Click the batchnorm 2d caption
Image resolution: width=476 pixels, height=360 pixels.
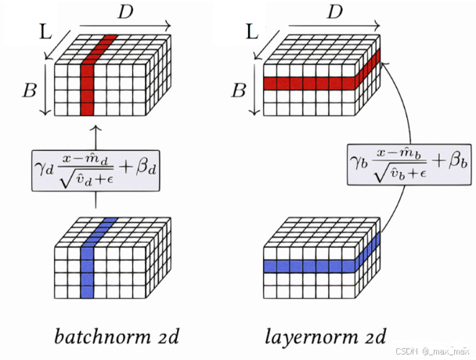coord(117,337)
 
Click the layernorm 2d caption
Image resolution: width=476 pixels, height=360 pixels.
coord(325,337)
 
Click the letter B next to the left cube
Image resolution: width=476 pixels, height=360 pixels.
coord(30,90)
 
